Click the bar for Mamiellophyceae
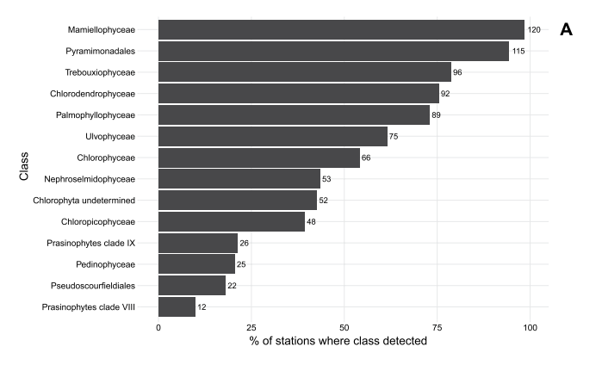click(341, 30)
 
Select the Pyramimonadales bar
click(333, 52)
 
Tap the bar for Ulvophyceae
click(273, 136)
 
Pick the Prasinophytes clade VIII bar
click(177, 306)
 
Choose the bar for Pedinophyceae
click(196, 263)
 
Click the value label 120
click(535, 30)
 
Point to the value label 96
click(458, 72)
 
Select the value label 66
click(366, 158)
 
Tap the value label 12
click(202, 306)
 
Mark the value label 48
click(312, 221)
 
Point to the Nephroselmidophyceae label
click(92, 179)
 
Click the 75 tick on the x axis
click(437, 328)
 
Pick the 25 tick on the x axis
click(251, 328)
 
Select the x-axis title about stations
click(338, 343)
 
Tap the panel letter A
click(566, 30)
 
